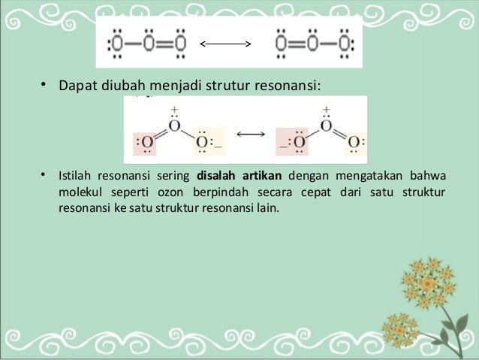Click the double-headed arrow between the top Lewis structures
[x=225, y=44]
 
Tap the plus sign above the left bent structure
[x=174, y=109]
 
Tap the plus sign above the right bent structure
[x=325, y=109]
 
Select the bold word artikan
[x=262, y=177]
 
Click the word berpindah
[x=227, y=191]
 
